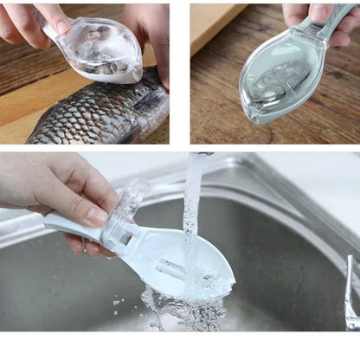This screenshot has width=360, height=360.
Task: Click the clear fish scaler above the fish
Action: coord(102,49)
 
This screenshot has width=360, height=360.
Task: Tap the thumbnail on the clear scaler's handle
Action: coord(61,26)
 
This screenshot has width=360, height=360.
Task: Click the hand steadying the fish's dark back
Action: coord(151,35)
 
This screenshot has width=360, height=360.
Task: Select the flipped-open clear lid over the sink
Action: coord(130,203)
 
